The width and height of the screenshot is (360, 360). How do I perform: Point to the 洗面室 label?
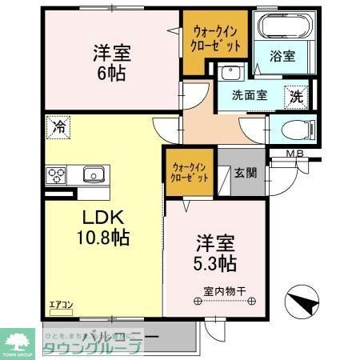click(250, 95)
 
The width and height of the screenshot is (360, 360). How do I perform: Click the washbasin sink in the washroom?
click(231, 73)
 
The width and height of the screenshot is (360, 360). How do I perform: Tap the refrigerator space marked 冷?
click(58, 126)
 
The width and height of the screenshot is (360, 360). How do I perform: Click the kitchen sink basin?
click(93, 173)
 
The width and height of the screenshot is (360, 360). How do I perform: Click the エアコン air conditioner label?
click(62, 305)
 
